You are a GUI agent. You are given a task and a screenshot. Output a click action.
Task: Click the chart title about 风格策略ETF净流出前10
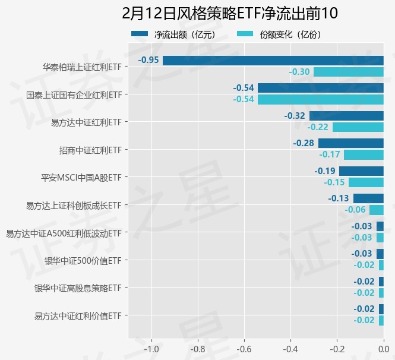[229, 13]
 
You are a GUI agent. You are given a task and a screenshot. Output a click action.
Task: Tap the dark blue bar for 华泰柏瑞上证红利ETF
[273, 60]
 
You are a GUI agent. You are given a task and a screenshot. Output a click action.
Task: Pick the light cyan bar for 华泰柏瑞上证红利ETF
[349, 72]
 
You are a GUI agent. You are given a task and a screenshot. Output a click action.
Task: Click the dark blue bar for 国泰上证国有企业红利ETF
[321, 88]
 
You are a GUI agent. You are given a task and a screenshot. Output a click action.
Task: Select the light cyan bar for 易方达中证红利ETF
[358, 127]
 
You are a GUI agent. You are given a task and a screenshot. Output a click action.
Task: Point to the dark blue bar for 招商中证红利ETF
[351, 143]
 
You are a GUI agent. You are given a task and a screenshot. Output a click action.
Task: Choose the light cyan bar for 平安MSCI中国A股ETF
[366, 182]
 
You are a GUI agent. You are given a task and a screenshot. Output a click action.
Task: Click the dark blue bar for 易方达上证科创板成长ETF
[368, 198]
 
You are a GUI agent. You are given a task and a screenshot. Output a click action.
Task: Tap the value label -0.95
[148, 60]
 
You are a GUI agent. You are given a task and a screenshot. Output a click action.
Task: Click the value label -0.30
[299, 72]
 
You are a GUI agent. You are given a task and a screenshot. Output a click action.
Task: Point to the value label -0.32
[295, 115]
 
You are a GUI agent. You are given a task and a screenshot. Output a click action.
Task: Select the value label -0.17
[330, 155]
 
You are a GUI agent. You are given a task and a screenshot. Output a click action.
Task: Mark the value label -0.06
[355, 210]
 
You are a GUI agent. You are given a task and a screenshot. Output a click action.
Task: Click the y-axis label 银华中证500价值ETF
[83, 260]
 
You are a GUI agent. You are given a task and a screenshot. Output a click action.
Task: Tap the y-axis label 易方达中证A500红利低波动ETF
[64, 233]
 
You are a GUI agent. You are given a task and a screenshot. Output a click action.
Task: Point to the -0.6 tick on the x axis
[244, 348]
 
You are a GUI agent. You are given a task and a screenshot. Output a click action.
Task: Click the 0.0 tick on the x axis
[383, 348]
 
